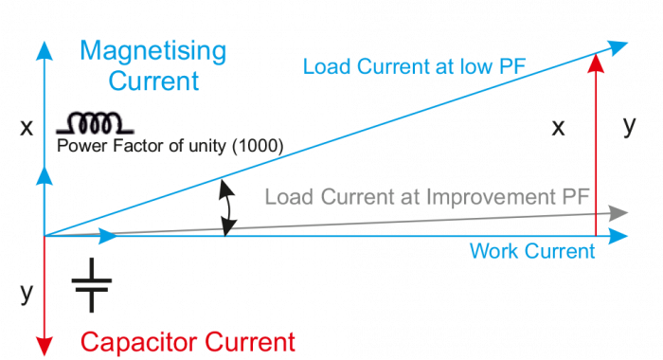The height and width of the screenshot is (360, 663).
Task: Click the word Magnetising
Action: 153,49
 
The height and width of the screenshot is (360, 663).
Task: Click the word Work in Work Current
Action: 491,251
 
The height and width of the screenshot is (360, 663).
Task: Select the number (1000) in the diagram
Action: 260,147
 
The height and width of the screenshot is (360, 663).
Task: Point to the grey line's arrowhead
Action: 619,212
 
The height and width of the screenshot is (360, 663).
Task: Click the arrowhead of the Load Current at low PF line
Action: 618,45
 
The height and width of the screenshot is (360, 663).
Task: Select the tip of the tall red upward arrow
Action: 595,60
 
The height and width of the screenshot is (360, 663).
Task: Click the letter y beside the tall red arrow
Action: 629,126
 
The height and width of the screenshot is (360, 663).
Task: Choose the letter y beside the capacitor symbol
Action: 26,293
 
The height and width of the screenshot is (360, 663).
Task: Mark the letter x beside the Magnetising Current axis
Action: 26,127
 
